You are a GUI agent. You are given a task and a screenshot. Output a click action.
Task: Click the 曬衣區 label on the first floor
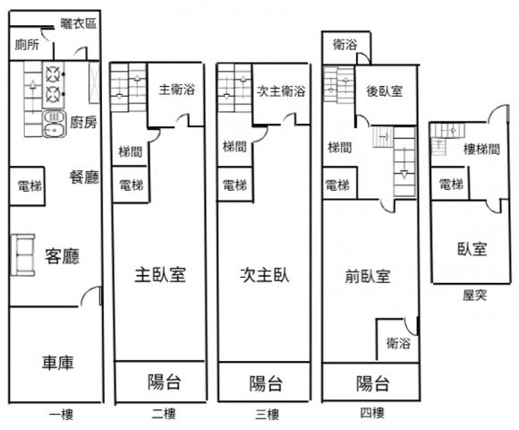(79, 23)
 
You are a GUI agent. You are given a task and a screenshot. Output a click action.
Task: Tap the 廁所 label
(27, 45)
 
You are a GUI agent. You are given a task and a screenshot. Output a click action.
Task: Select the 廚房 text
(83, 122)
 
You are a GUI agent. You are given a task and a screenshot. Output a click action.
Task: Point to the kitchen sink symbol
(55, 124)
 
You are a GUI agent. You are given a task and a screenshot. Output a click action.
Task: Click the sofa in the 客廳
(23, 254)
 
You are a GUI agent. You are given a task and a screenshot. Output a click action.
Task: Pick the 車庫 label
(57, 363)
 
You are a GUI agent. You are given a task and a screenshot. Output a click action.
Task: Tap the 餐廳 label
(84, 177)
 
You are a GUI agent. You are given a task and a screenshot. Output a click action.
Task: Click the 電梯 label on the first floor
(30, 186)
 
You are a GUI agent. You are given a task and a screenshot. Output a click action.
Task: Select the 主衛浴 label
(177, 90)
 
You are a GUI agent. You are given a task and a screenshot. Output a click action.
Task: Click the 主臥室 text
(160, 275)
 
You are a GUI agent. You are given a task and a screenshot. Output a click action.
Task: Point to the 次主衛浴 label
(281, 90)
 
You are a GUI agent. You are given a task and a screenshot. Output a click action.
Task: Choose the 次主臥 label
(265, 275)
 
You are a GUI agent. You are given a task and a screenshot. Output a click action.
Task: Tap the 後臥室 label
(384, 91)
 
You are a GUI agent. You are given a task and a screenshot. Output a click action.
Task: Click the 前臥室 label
(368, 276)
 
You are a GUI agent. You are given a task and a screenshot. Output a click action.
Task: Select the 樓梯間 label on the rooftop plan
(481, 150)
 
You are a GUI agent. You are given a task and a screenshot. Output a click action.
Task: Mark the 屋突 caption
(474, 295)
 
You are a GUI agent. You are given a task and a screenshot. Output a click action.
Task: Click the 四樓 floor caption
(372, 413)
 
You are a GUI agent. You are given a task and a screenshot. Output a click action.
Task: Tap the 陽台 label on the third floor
(266, 383)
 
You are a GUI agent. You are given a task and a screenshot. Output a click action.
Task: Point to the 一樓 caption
(61, 415)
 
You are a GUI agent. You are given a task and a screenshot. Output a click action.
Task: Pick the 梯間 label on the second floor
(131, 152)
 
